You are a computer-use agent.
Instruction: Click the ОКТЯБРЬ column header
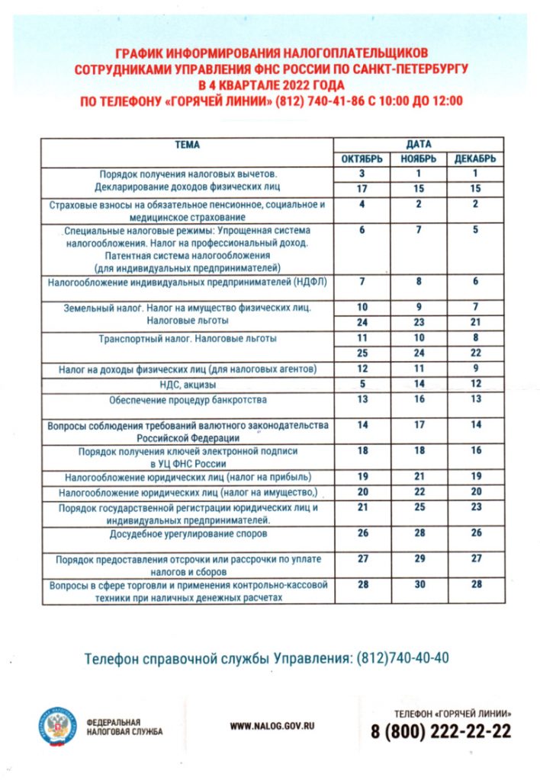362,158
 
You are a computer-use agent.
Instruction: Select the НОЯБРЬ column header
418,158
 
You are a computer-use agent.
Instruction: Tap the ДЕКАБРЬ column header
475,158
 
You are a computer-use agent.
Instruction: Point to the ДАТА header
419,144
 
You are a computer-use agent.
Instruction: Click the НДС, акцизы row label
188,384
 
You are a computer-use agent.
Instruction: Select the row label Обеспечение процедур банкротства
188,399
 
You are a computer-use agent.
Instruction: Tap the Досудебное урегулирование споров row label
188,533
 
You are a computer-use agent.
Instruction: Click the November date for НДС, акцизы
419,383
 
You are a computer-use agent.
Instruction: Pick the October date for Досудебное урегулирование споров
362,532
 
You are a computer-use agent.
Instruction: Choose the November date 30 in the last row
419,583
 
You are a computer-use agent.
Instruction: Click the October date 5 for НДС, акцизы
362,383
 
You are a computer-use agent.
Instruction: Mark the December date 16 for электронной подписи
475,451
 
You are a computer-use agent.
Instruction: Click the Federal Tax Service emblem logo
58,723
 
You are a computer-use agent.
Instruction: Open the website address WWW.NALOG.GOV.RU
272,727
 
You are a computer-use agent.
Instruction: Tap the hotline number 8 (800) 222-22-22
441,732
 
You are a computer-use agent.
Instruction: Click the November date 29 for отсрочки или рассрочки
419,558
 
